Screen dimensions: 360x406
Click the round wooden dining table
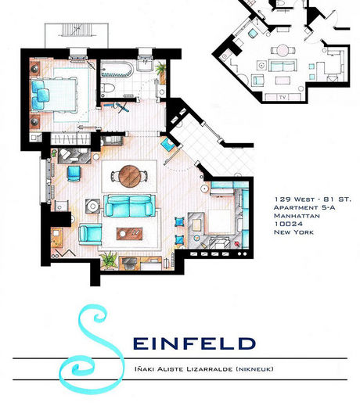tap(130, 176)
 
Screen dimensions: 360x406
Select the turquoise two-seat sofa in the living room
tap(129, 206)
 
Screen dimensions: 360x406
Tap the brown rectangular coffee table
tap(129, 234)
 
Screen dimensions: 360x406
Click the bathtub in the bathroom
tap(117, 70)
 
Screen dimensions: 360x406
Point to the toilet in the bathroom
tap(107, 88)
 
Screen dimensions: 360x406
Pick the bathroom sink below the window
tap(145, 66)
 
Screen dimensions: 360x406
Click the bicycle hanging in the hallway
tap(121, 107)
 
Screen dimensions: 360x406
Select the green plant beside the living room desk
tap(109, 260)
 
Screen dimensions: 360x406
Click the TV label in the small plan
tap(283, 97)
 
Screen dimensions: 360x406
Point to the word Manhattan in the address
tap(297, 216)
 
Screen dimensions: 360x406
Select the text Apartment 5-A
tap(304, 207)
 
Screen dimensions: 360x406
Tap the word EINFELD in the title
tap(194, 343)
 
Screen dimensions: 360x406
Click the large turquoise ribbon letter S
tap(92, 350)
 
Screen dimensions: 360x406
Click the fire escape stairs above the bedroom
tap(77, 30)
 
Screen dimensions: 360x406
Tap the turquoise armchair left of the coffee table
tap(90, 235)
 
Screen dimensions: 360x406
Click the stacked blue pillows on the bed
tap(40, 95)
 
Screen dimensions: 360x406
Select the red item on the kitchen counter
tap(237, 244)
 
